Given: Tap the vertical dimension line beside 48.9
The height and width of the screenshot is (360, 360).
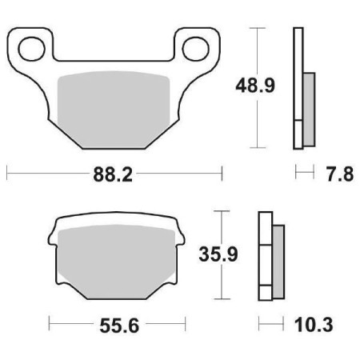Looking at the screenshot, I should tap(257, 48).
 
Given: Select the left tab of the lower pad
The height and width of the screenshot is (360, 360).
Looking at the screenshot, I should tap(51, 236).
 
